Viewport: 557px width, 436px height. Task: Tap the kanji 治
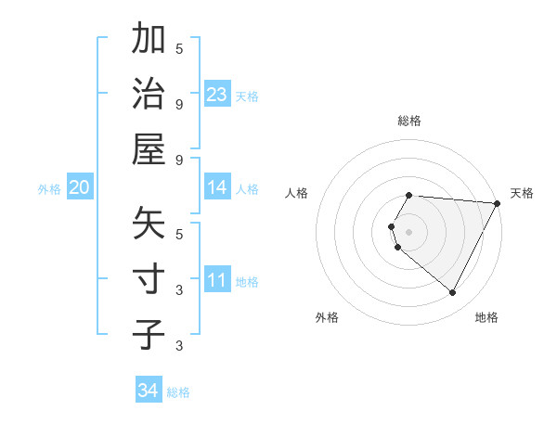pyautogui.click(x=149, y=94)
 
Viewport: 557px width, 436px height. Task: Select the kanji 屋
pyautogui.click(x=149, y=147)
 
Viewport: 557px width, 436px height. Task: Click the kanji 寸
pyautogui.click(x=149, y=279)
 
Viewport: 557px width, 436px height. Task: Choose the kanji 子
pyautogui.click(x=149, y=333)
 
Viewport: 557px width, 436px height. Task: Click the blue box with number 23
pyautogui.click(x=217, y=95)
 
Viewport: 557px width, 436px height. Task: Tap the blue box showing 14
pyautogui.click(x=217, y=188)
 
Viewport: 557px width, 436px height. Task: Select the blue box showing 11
pyautogui.click(x=217, y=281)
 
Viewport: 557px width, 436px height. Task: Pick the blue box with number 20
pyautogui.click(x=79, y=188)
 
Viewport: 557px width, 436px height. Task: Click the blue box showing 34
pyautogui.click(x=149, y=391)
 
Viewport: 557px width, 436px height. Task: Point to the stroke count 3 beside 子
pyautogui.click(x=179, y=346)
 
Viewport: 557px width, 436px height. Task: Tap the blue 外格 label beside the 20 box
pyautogui.click(x=49, y=189)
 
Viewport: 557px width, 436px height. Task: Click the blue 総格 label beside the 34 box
pyautogui.click(x=178, y=392)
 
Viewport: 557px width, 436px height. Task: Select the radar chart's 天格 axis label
pyautogui.click(x=522, y=193)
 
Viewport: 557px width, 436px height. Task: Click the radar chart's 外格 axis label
pyautogui.click(x=327, y=317)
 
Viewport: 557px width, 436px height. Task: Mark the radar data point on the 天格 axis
pyautogui.click(x=498, y=203)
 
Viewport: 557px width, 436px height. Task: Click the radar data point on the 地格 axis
pyautogui.click(x=453, y=293)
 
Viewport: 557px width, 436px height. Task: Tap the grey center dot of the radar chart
pyautogui.click(x=409, y=231)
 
